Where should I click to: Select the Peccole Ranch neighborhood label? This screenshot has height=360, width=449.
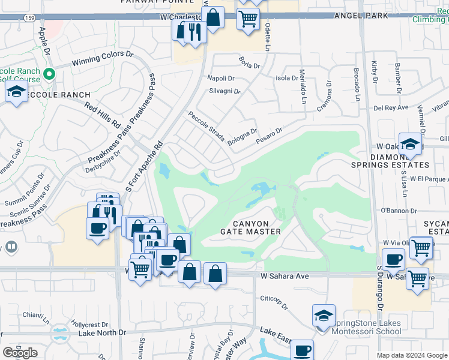tap(58, 95)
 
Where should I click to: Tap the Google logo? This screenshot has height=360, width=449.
tap(20, 353)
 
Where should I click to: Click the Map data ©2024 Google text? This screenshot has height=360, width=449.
tap(412, 355)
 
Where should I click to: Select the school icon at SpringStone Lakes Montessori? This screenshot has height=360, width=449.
tap(323, 315)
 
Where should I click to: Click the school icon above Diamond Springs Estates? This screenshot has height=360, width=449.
tap(410, 144)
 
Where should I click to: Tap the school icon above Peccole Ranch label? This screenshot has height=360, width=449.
tap(16, 92)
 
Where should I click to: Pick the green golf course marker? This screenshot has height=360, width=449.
tap(50, 74)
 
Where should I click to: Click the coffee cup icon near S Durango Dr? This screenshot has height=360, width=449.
tap(394, 260)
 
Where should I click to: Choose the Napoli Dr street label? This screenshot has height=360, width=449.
tap(220, 78)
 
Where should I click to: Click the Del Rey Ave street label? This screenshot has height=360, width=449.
tap(390, 108)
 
